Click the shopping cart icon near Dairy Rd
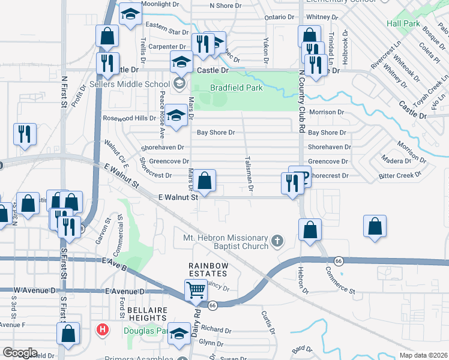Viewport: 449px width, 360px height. coord(196,290)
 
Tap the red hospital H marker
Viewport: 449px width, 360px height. coord(103,329)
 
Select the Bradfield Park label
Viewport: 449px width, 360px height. coord(237,88)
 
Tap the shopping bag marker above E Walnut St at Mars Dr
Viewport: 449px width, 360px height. coord(204,181)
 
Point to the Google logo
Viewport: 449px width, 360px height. coord(20,352)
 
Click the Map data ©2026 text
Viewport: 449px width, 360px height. coord(423,355)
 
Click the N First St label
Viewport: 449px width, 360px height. coord(63,95)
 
